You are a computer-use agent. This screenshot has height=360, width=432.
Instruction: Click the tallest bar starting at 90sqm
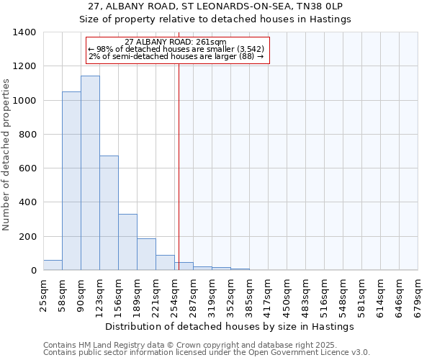point(90,173)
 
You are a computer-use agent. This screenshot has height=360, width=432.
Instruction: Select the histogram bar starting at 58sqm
point(71,181)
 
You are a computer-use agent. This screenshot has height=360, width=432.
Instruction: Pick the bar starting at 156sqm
point(127,242)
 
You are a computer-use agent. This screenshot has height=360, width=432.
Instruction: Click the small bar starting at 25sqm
point(53,265)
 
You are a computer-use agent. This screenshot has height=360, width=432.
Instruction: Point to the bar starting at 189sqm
point(146,254)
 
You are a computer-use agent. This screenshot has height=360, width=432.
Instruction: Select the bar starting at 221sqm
point(165,263)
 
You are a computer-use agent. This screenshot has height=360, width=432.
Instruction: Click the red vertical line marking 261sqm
point(179,166)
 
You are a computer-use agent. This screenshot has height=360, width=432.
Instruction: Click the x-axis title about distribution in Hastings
point(230,326)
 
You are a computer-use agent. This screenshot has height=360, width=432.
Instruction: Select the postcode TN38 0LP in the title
point(328,6)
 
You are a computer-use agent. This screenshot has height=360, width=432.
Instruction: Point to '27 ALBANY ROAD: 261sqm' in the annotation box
point(175,42)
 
